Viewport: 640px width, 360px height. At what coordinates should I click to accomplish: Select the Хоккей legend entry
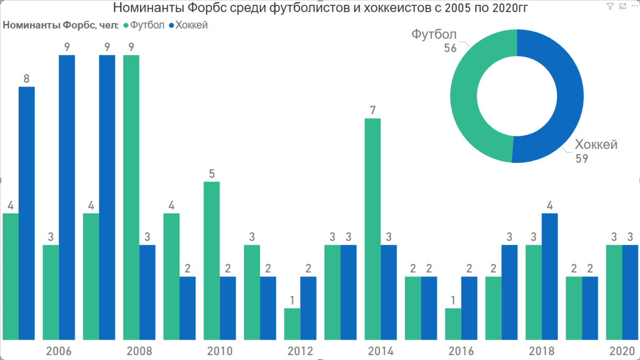pyautogui.click(x=188, y=25)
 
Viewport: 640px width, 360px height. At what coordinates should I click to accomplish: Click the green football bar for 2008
pyautogui.click(x=131, y=197)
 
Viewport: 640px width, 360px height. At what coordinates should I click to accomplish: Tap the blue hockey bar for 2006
pyautogui.click(x=67, y=197)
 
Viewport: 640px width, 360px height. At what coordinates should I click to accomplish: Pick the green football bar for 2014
pyautogui.click(x=373, y=229)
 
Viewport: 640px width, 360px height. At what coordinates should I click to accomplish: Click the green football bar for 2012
pyautogui.click(x=292, y=324)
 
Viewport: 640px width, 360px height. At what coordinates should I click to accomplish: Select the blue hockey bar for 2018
pyautogui.click(x=550, y=276)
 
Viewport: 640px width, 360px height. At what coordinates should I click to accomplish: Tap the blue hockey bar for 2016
pyautogui.click(x=469, y=308)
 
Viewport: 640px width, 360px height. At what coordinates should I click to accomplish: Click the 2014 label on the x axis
pyautogui.click(x=381, y=351)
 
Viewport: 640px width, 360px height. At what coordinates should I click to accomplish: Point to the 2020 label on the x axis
pyautogui.click(x=622, y=351)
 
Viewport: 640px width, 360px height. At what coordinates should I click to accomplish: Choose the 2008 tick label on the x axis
pyautogui.click(x=139, y=351)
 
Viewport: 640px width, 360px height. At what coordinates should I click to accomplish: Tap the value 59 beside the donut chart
pyautogui.click(x=581, y=158)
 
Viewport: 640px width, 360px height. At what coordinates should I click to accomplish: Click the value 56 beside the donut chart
pyautogui.click(x=450, y=48)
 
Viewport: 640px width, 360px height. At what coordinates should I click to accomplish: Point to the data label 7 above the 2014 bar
pyautogui.click(x=373, y=111)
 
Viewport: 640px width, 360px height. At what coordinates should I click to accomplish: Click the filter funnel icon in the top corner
pyautogui.click(x=610, y=6)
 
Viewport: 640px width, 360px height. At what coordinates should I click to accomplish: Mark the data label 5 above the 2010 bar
pyautogui.click(x=212, y=174)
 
